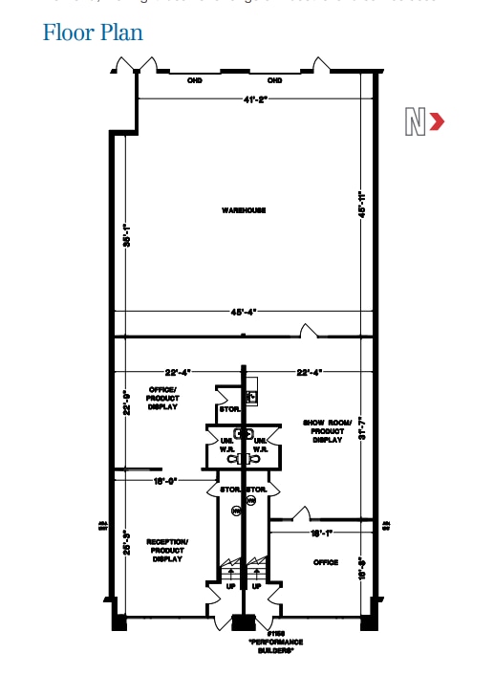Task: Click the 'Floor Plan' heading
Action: click(93, 33)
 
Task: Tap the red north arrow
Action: click(437, 121)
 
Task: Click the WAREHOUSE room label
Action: click(244, 210)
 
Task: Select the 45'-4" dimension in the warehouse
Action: click(244, 312)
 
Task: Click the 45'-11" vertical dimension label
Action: click(362, 206)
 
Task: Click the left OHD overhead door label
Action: click(195, 80)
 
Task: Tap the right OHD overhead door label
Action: click(275, 80)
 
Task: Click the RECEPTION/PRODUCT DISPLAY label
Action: click(167, 550)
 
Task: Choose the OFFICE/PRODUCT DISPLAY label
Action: click(163, 398)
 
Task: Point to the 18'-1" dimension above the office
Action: click(320, 533)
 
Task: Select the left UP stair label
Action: click(230, 586)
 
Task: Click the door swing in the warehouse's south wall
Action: click(309, 331)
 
